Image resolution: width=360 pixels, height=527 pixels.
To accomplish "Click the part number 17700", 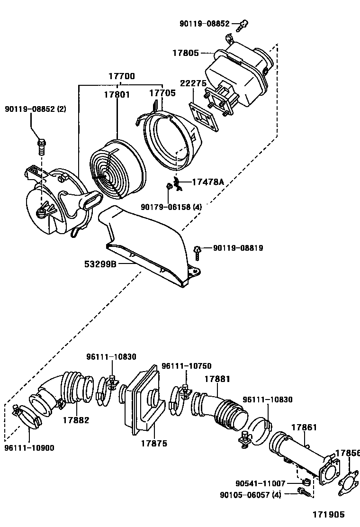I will pyautogui.click(x=122, y=76).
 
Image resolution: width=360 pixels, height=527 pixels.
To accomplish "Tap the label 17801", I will pyautogui.click(x=117, y=94).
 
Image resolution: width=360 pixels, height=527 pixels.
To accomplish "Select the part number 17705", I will pyautogui.click(x=162, y=93).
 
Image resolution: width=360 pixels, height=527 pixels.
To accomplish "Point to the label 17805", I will pyautogui.click(x=185, y=54).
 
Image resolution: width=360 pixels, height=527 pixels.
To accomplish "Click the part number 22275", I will pyautogui.click(x=193, y=83).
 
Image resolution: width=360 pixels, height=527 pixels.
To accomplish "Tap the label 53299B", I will pyautogui.click(x=100, y=264).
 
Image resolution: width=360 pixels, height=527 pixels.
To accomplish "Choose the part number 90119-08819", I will pyautogui.click(x=238, y=248).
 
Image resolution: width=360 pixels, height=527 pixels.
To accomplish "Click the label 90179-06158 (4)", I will pyautogui.click(x=171, y=207).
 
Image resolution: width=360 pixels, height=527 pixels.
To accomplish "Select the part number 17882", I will pyautogui.click(x=76, y=420).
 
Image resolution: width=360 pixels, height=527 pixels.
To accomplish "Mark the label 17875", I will pyautogui.click(x=154, y=444).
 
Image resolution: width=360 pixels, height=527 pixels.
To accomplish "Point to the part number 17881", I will pyautogui.click(x=217, y=379).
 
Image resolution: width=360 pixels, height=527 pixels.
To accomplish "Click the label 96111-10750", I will pyautogui.click(x=186, y=366).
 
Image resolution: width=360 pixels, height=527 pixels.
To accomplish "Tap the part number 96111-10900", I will pyautogui.click(x=29, y=447).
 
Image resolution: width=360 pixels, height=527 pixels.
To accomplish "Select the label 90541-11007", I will pyautogui.click(x=260, y=483).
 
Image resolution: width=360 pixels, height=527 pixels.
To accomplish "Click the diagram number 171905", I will pyautogui.click(x=328, y=514).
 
